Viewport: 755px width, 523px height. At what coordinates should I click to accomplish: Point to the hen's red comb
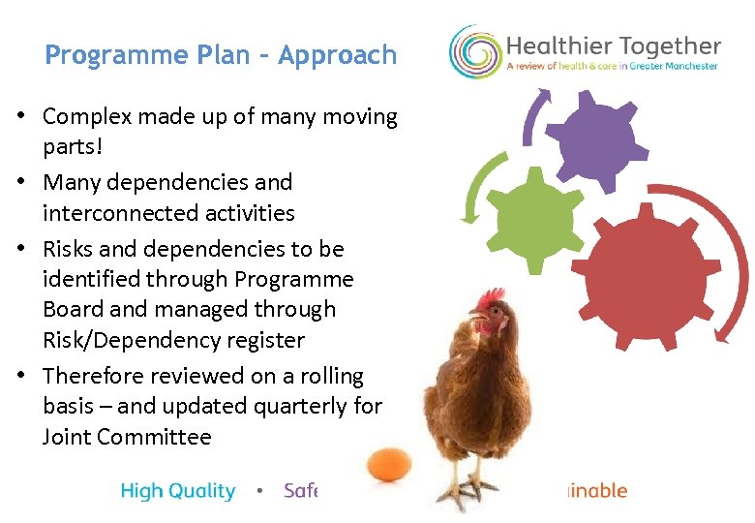pos(493,297)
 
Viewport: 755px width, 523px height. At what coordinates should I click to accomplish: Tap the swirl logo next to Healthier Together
pos(474,51)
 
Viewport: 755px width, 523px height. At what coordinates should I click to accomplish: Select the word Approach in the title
pos(337,55)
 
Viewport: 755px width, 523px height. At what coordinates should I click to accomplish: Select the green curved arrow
pos(476,189)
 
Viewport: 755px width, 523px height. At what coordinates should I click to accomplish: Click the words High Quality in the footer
pos(178,491)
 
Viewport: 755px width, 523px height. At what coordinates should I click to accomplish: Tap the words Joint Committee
pos(127,437)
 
